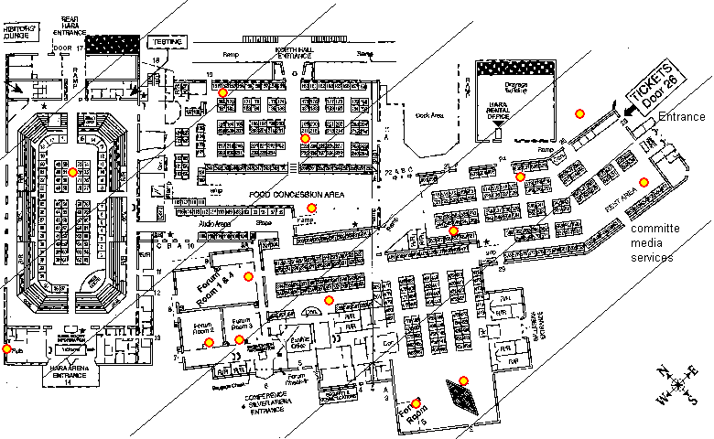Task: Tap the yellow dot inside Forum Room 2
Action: coord(210,343)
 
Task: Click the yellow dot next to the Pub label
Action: coord(7,348)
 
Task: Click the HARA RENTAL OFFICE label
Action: coord(497,111)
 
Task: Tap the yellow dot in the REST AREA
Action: coord(643,182)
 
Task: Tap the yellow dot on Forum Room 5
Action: coord(416,403)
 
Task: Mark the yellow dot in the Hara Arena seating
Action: coord(73,172)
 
